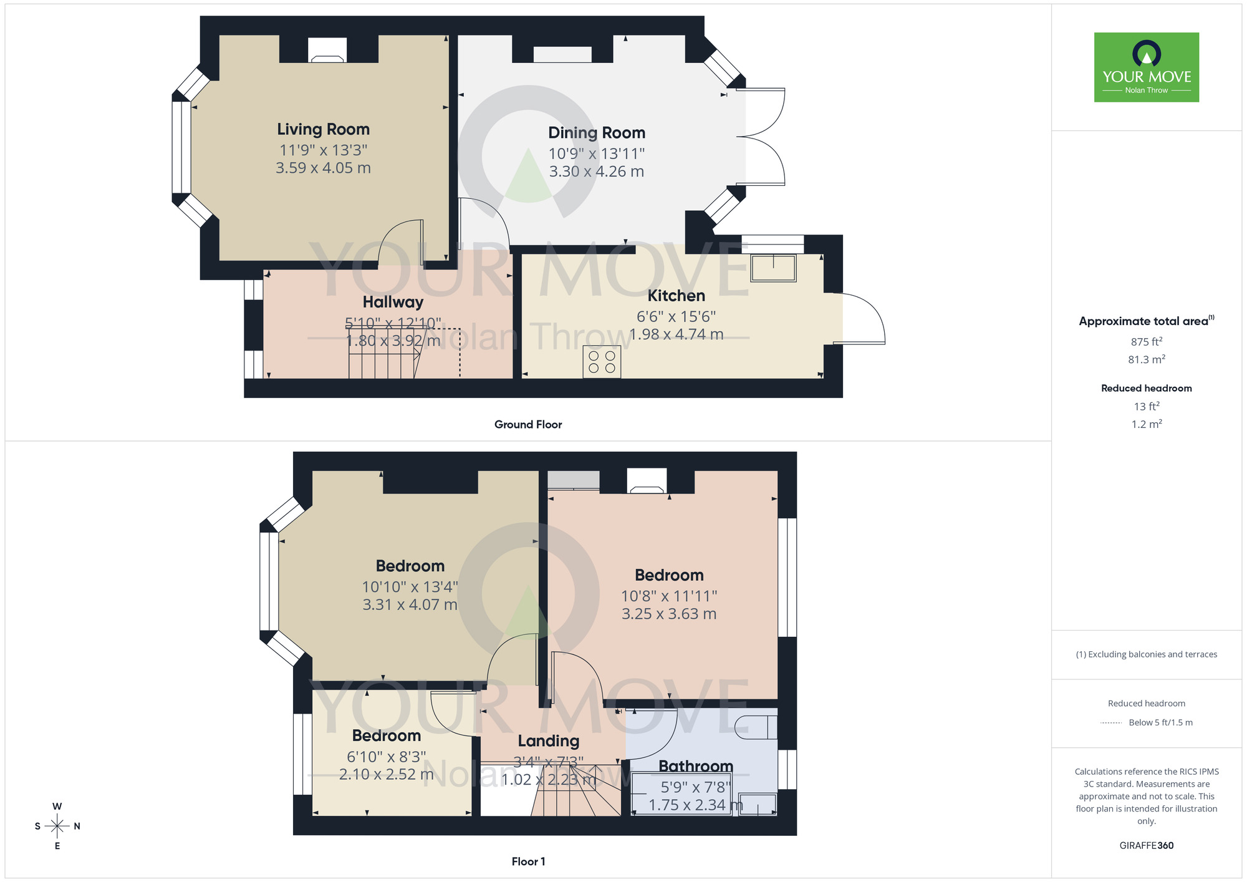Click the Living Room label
pos(323,129)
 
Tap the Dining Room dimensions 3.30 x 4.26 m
pos(596,172)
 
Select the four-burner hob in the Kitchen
pos(602,362)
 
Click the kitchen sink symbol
pos(773,268)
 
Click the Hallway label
pos(393,302)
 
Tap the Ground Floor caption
pos(527,424)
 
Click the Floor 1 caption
pos(527,861)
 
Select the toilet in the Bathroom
pos(755,727)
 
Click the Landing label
pos(548,741)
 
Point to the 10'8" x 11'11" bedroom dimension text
pos(668,596)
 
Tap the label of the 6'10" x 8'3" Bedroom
pos(386,736)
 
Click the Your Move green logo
pos(1146,67)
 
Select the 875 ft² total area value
pos(1146,342)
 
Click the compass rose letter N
pos(77,826)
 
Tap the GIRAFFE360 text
pos(1146,846)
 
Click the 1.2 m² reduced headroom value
pos(1146,424)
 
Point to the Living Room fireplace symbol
pos(327,51)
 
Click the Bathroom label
pos(695,766)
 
